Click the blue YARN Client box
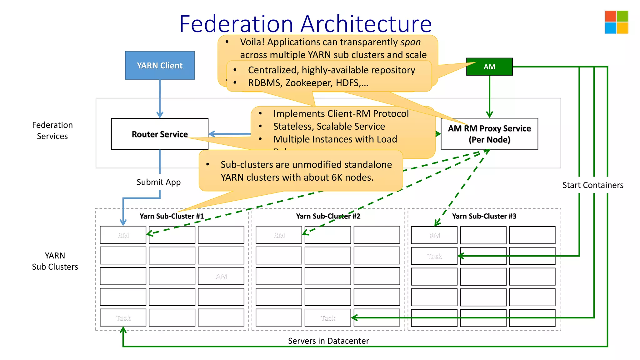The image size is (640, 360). tap(160, 65)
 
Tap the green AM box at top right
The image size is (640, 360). tap(489, 67)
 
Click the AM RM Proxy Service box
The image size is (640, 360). tap(489, 134)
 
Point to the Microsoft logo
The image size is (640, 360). tap(616, 22)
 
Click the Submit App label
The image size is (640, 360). tap(158, 182)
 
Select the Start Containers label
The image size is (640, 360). tap(592, 185)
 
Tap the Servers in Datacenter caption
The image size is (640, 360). tap(328, 341)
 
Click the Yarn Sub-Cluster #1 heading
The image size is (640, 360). tap(172, 216)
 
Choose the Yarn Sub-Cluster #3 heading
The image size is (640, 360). tap(484, 216)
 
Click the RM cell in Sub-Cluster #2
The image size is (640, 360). tap(279, 235)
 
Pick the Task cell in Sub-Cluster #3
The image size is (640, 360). tap(434, 256)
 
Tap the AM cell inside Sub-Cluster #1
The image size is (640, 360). tap(221, 276)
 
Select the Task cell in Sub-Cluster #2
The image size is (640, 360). tap(327, 318)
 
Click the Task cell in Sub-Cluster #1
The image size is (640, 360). tap(123, 318)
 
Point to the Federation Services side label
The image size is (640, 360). tap(52, 131)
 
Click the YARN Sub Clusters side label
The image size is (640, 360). tap(55, 261)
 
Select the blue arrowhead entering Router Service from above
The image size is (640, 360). tap(160, 115)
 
